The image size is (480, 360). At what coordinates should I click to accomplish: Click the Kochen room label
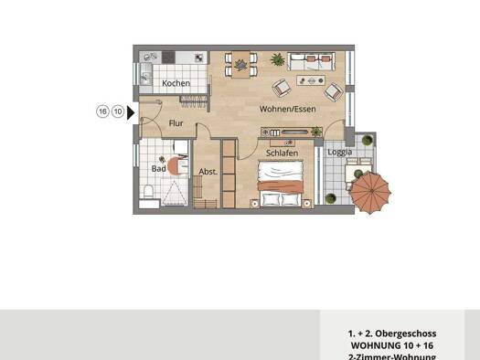176,83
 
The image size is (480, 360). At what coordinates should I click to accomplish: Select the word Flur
176,122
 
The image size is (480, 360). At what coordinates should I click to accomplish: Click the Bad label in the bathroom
158,168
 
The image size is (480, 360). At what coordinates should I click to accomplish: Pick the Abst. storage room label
208,171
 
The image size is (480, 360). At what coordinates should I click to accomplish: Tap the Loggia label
339,153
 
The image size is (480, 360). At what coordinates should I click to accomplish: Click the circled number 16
103,111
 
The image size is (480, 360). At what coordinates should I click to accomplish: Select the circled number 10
118,111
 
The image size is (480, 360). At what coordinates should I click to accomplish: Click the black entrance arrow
132,112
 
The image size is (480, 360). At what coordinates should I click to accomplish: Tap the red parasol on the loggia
373,193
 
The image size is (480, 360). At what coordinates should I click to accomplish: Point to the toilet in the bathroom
149,193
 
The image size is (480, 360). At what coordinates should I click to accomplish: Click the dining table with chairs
240,65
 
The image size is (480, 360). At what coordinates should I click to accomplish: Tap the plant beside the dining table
276,59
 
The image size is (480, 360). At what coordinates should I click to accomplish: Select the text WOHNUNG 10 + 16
391,346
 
